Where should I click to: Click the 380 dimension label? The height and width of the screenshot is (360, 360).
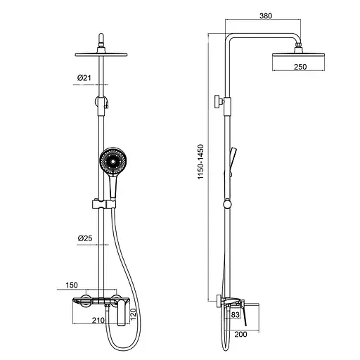(266, 15)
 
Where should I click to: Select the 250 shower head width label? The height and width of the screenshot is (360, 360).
(300, 67)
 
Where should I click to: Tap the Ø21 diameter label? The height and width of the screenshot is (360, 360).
(84, 77)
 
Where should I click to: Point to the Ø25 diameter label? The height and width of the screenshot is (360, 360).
(85, 238)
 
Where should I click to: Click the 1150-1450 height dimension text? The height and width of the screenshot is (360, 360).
(200, 162)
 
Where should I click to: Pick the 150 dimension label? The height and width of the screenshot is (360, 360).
(72, 285)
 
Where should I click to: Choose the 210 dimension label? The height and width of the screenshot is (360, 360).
(98, 320)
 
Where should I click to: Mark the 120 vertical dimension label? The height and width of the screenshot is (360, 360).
(133, 314)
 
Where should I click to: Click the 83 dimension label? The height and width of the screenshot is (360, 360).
(236, 314)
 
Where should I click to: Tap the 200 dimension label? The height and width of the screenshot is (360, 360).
(240, 334)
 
